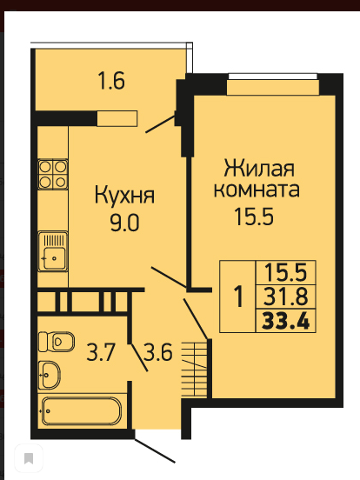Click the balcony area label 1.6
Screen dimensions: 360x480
click(x=111, y=81)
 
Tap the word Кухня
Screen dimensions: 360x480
click(x=124, y=196)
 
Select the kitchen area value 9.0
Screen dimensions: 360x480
click(x=124, y=223)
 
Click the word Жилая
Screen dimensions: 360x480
click(x=259, y=168)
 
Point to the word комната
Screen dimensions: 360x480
click(x=257, y=190)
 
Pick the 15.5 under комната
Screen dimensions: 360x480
click(x=254, y=217)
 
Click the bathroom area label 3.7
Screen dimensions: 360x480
click(x=101, y=352)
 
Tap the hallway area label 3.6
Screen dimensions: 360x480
click(x=158, y=352)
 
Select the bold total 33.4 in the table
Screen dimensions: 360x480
click(x=286, y=321)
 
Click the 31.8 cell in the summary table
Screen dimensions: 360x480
click(x=285, y=297)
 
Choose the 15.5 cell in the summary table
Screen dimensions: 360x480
click(x=285, y=272)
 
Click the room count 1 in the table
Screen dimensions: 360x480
click(x=238, y=297)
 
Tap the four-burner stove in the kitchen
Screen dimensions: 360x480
click(x=53, y=174)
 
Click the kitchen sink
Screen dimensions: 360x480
click(x=53, y=251)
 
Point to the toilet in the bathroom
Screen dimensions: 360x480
click(x=57, y=342)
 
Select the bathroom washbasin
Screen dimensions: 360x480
click(x=50, y=375)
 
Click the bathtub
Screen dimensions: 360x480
click(x=82, y=411)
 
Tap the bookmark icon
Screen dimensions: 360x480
click(x=29, y=458)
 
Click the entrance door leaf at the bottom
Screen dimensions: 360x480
click(x=155, y=450)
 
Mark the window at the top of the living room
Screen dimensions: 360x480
click(x=273, y=77)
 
